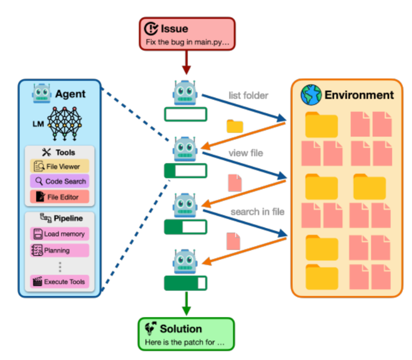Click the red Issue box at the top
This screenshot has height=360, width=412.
[187, 34]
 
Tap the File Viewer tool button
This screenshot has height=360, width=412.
[59, 166]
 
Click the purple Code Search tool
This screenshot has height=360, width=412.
[59, 181]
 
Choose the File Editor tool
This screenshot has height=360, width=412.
[59, 197]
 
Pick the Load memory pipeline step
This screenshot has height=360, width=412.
[59, 234]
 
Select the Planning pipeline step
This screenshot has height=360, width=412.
[59, 251]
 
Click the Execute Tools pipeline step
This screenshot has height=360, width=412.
[59, 282]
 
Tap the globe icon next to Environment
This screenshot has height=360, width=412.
[311, 95]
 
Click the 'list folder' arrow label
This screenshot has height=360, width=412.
[248, 96]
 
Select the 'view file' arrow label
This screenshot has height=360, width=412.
[246, 153]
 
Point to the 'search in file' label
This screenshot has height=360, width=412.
[257, 212]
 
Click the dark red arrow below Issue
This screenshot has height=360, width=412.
[186, 63]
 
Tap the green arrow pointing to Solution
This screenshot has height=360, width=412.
[186, 304]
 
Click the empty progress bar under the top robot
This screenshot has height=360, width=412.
[186, 115]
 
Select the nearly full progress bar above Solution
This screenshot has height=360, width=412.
[186, 283]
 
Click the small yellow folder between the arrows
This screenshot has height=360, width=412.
[235, 126]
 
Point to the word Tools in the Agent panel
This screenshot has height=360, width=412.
[64, 152]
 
